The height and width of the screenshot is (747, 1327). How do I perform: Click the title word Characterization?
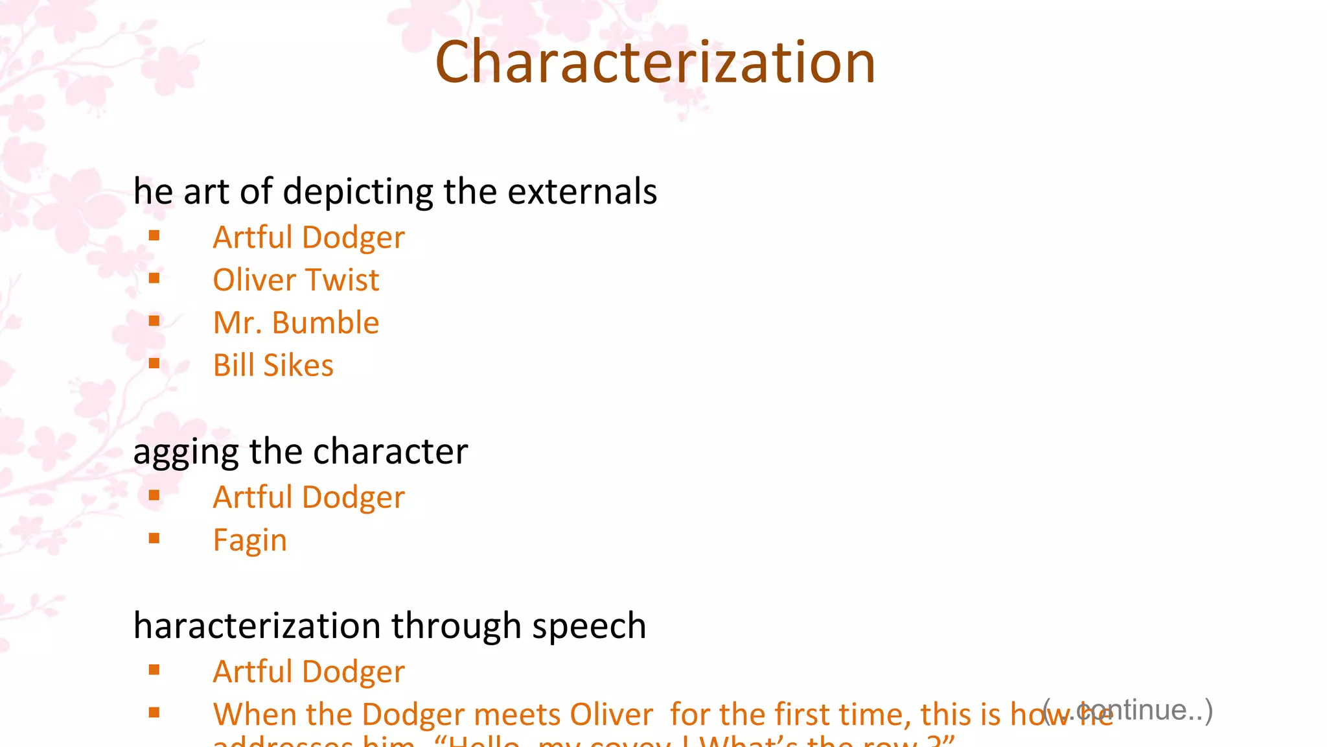pos(655,62)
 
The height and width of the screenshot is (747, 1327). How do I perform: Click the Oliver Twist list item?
pos(296,280)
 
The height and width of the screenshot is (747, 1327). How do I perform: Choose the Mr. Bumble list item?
pos(296,323)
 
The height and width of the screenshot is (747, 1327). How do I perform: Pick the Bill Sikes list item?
pos(273,366)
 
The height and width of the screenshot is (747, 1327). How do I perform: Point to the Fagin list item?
pos(250,540)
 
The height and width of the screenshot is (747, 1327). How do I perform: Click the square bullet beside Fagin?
pos(154,538)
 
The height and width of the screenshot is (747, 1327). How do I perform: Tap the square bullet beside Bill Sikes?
pos(154,363)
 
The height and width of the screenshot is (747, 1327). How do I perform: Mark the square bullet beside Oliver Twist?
pos(154,278)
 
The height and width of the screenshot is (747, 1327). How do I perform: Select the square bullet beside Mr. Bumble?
pos(154,320)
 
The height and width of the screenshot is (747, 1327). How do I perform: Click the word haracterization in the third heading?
pos(257,626)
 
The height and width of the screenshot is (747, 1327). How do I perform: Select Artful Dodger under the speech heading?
pos(309,672)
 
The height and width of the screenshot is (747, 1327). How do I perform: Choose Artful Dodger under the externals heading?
pos(309,237)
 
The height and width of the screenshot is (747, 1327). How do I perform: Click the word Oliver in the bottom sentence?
pos(611,715)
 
